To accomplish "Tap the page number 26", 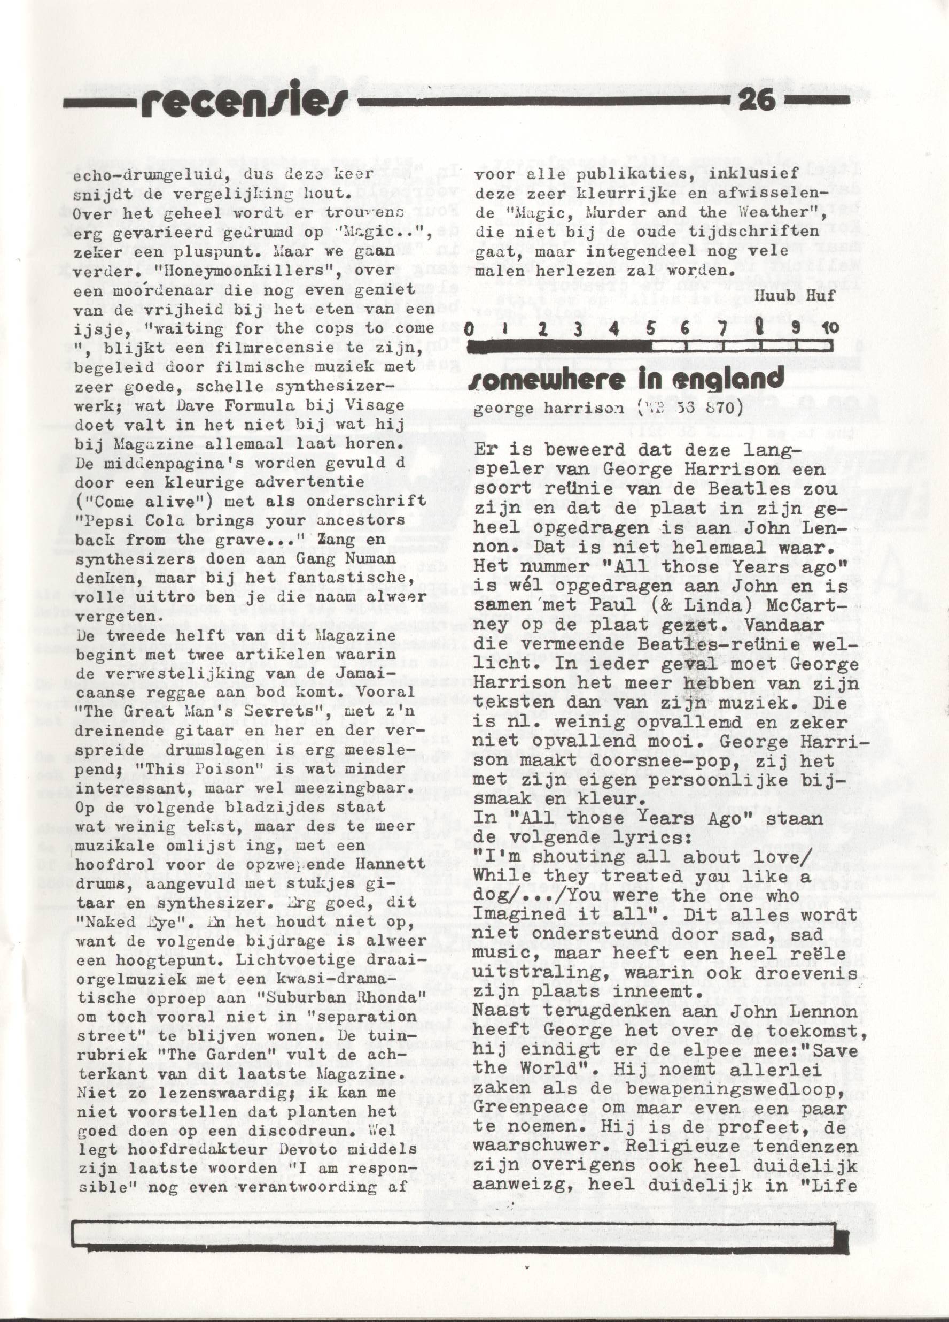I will [x=756, y=100].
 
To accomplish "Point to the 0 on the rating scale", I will [x=469, y=329].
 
